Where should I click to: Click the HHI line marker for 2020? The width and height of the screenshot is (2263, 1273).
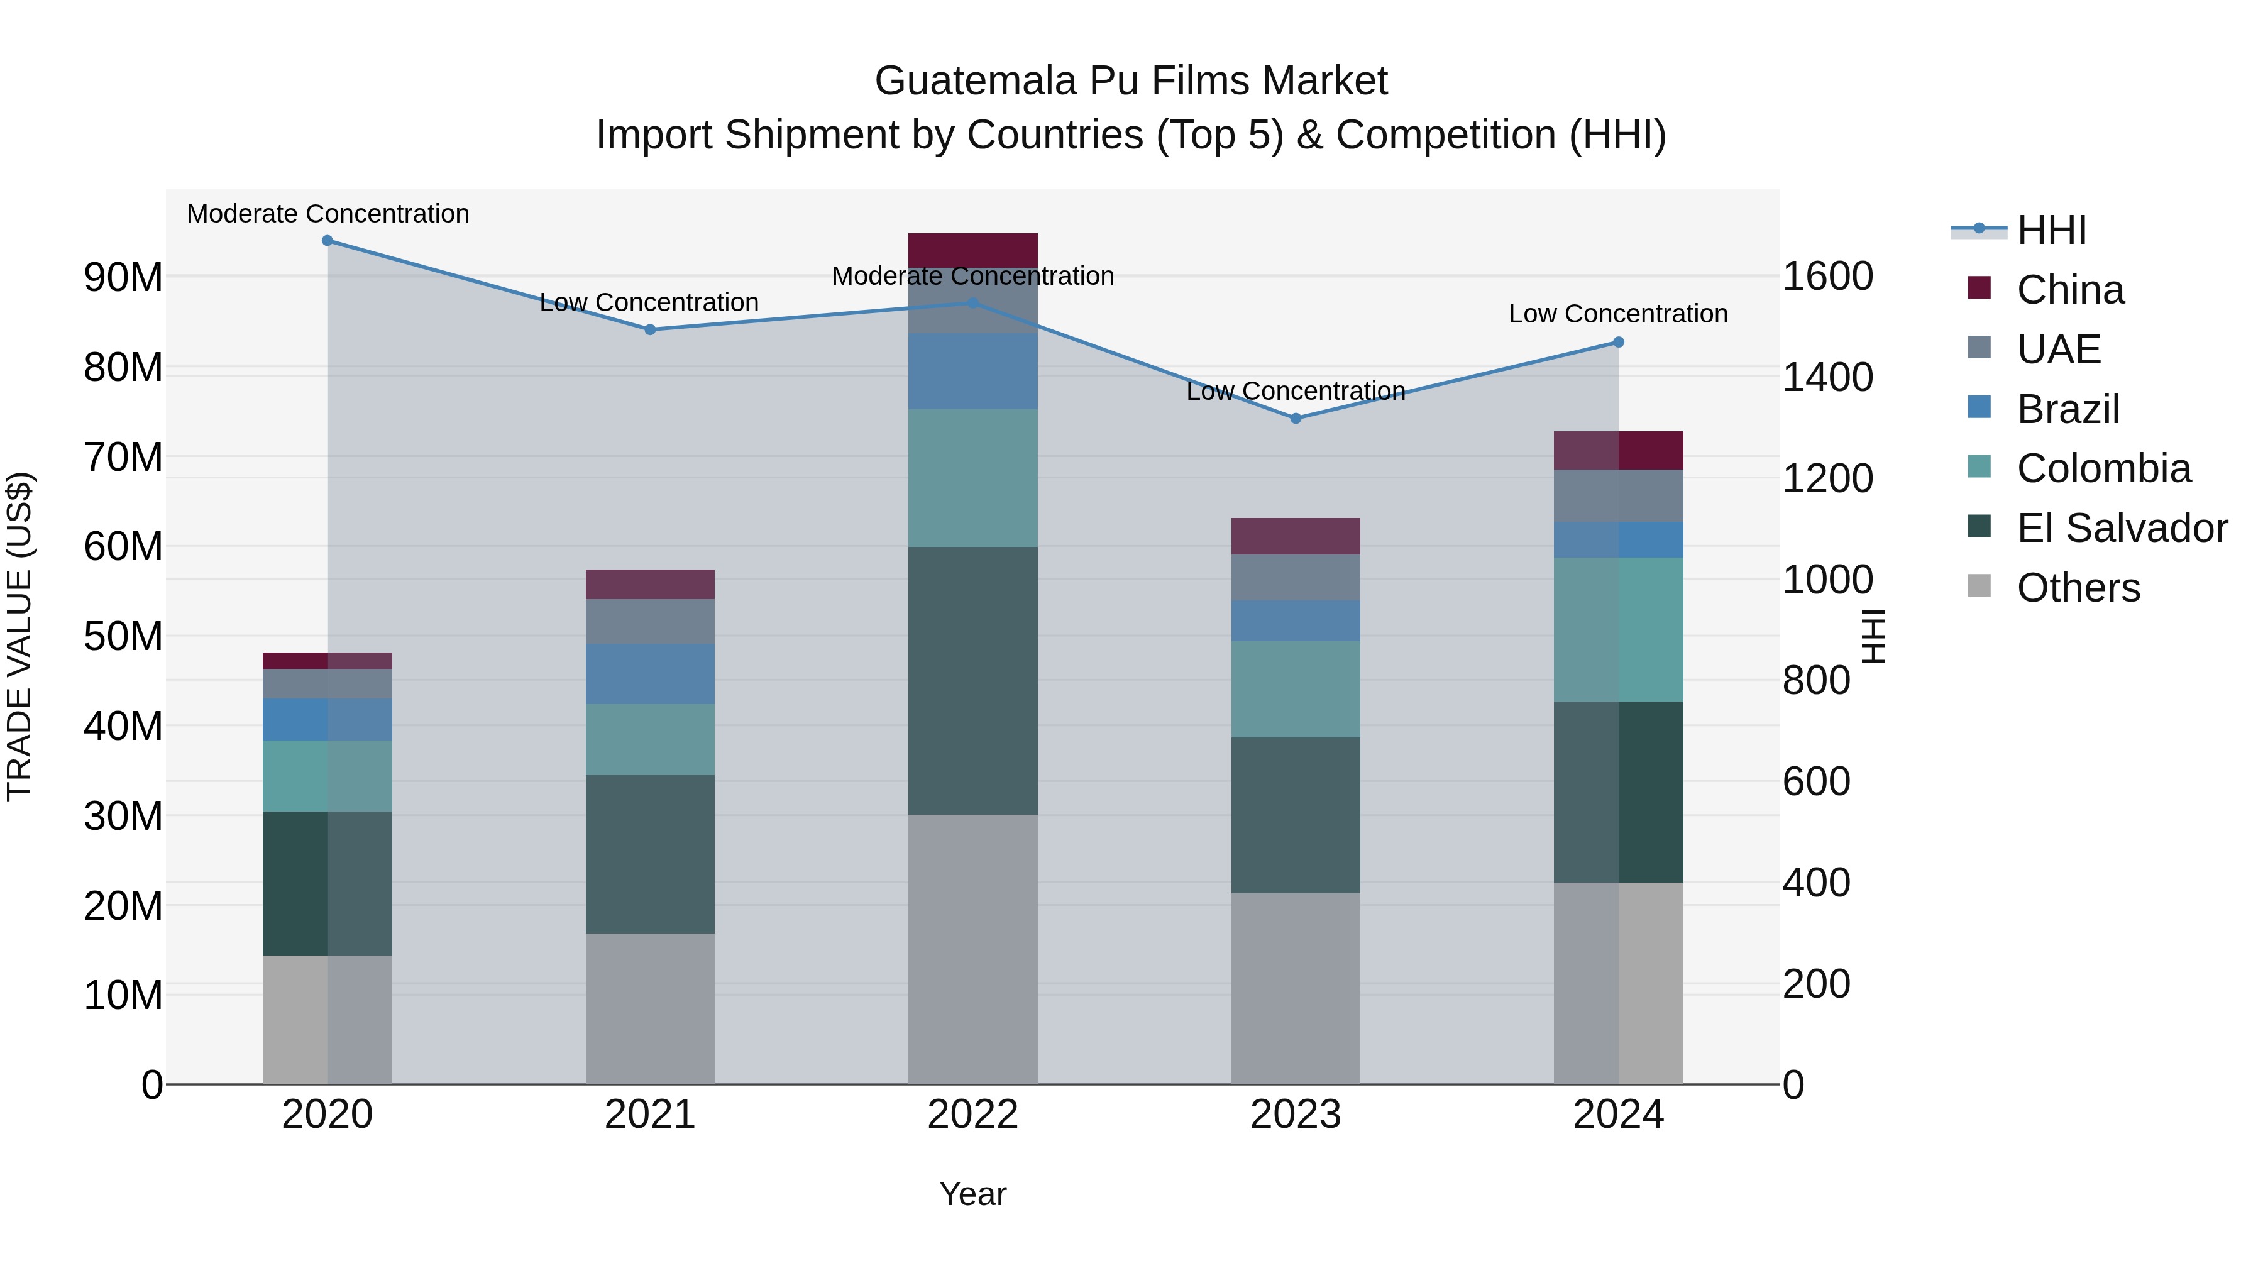[x=327, y=241]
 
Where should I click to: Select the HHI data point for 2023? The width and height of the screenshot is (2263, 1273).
[x=1295, y=418]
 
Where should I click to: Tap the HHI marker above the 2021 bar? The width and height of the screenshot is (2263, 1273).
[x=650, y=329]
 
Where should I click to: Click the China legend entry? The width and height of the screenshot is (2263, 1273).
[x=2070, y=290]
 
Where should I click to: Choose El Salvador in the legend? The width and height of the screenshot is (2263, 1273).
[x=2121, y=528]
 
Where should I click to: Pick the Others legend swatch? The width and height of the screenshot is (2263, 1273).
[x=1979, y=586]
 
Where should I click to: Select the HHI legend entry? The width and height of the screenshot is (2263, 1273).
[x=2051, y=230]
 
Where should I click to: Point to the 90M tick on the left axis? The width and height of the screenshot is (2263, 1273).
[x=123, y=278]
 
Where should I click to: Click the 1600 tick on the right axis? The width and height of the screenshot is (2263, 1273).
[x=1827, y=277]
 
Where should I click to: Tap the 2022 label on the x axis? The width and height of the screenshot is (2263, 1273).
[x=972, y=1115]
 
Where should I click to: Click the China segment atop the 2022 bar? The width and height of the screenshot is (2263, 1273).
[x=972, y=250]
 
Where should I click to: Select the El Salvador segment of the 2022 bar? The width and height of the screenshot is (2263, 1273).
[x=972, y=681]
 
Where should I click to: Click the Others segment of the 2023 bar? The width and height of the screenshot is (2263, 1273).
[x=1295, y=988]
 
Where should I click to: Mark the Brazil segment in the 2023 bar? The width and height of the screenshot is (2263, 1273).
[x=1295, y=620]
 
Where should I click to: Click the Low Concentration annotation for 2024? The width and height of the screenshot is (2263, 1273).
[x=1617, y=314]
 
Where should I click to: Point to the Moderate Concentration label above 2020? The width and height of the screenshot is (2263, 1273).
[x=328, y=214]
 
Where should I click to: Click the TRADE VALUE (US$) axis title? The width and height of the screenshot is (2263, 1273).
[x=19, y=636]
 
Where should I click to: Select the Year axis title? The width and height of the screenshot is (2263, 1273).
[x=972, y=1194]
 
